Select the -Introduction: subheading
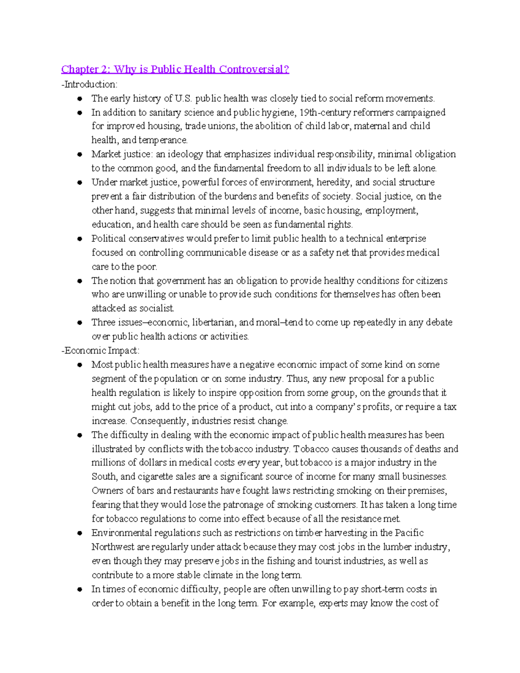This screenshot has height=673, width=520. click(x=89, y=84)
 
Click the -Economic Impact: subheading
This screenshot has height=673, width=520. click(x=101, y=350)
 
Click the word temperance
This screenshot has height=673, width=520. click(x=163, y=140)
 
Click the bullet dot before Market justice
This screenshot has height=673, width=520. click(x=80, y=154)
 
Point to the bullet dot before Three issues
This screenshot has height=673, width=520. click(x=80, y=322)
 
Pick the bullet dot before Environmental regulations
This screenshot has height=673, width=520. click(x=80, y=533)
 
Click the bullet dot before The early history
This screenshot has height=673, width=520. click(x=80, y=99)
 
